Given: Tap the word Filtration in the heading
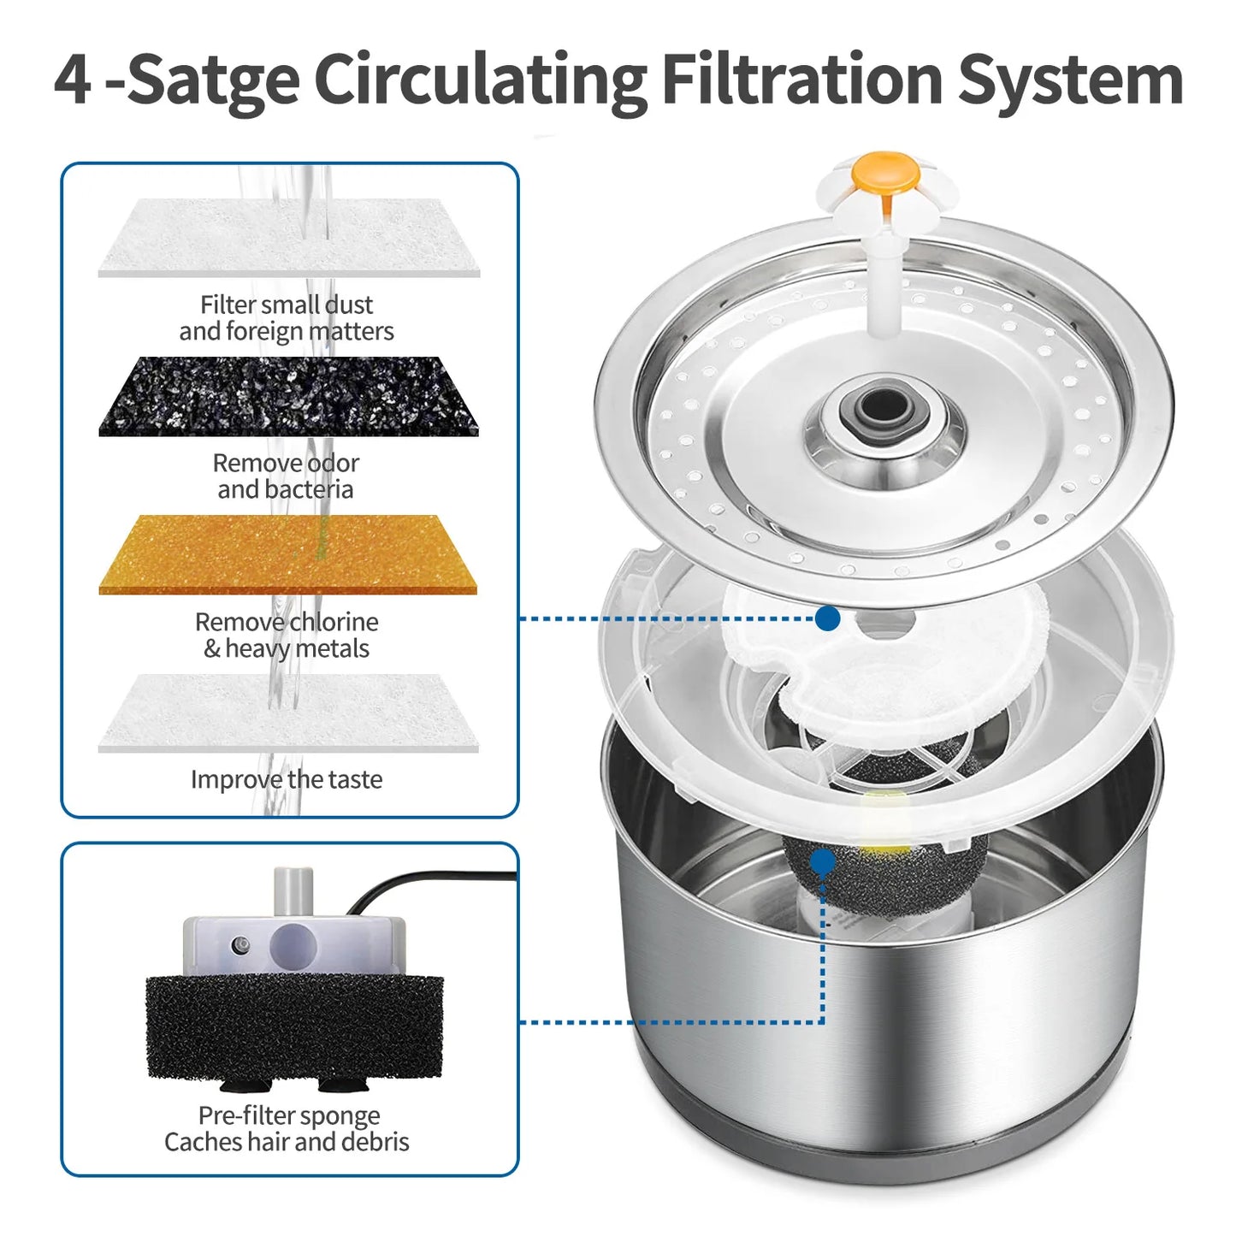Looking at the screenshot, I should [x=801, y=79].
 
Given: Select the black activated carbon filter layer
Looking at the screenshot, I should [x=288, y=396].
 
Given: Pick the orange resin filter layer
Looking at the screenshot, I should [x=288, y=554].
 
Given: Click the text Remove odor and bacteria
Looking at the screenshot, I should [x=286, y=476].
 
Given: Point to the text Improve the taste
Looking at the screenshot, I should [x=286, y=779].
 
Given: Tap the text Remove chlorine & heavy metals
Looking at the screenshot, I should [x=286, y=635].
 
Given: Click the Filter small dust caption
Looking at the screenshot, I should [x=286, y=317].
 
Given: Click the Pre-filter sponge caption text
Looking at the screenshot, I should [x=287, y=1128].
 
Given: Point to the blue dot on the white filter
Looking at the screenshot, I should [x=827, y=618].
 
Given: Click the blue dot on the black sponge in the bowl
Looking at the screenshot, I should [x=822, y=861].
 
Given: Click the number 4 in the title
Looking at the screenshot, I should [x=72, y=79].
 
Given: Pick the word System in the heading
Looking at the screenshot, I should [x=1069, y=79].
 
